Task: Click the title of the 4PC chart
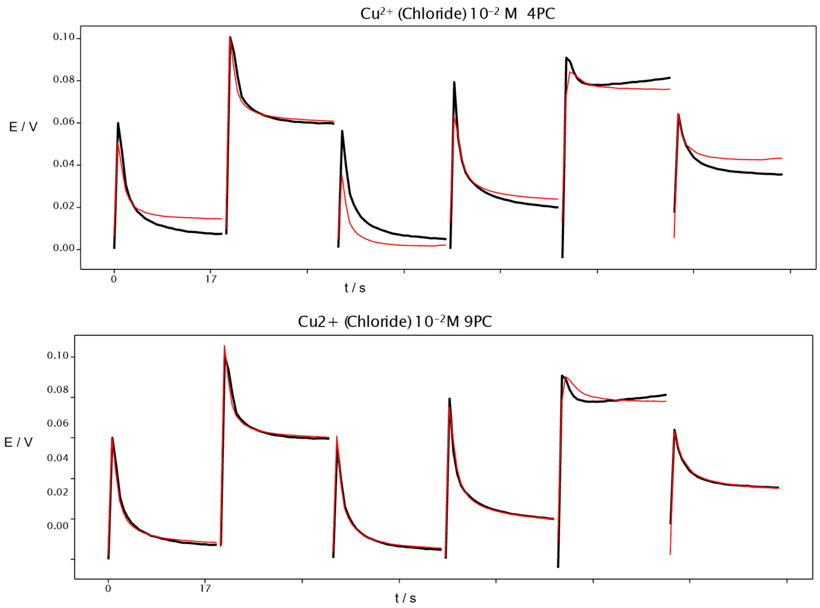(x=457, y=14)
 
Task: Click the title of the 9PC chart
(x=394, y=322)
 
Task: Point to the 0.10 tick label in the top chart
(x=64, y=37)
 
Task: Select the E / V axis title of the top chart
(x=23, y=127)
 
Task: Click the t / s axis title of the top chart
(x=355, y=288)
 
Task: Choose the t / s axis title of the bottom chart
(x=405, y=598)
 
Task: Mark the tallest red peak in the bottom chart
(x=224, y=346)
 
